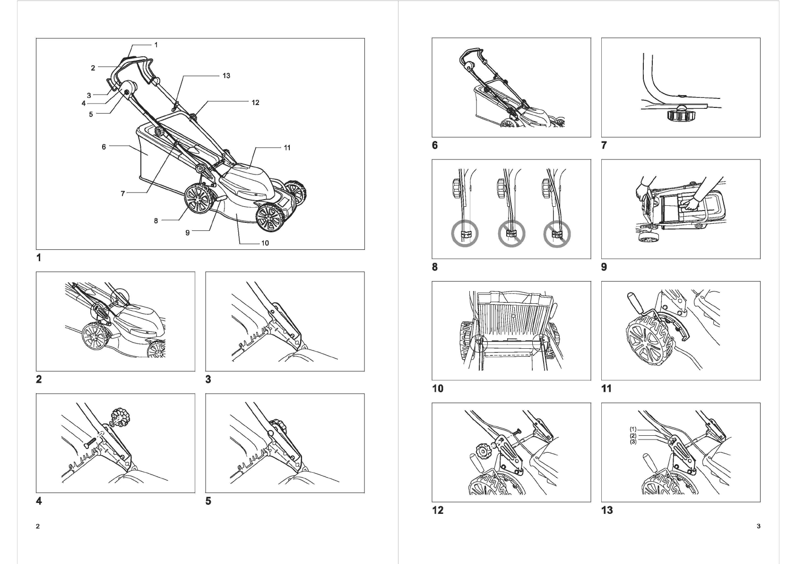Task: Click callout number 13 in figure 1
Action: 226,76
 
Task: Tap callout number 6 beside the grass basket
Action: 104,147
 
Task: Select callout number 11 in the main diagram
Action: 287,148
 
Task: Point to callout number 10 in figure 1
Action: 265,243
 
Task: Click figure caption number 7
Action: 604,145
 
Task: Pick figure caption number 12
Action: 438,510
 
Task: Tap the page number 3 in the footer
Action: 759,526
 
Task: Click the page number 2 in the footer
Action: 38,526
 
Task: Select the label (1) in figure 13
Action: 633,430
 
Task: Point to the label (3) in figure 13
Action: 633,441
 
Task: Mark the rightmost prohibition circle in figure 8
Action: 556,234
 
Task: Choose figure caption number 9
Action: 604,267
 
